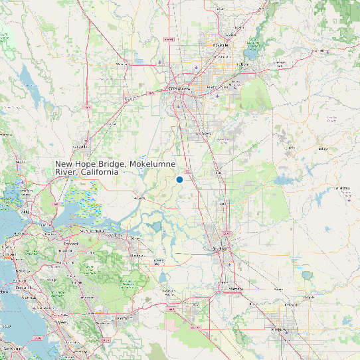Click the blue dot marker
(179, 179)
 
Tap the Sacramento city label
(179, 88)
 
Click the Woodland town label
(122, 64)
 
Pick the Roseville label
(221, 45)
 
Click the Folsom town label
(242, 64)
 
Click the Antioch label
(116, 235)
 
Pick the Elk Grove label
(203, 133)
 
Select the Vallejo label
(25, 211)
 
